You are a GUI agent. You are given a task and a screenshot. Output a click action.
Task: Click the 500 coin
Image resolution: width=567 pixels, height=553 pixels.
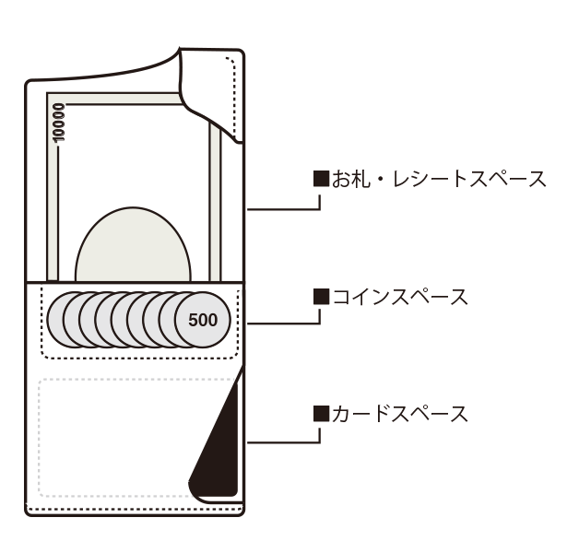[202, 320]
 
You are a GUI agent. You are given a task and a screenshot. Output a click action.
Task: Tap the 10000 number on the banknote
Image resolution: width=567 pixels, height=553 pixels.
[59, 121]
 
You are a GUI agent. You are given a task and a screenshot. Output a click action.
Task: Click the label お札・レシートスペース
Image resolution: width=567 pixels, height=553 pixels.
[439, 178]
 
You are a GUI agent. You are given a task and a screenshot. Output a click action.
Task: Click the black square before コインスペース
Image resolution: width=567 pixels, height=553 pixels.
[321, 297]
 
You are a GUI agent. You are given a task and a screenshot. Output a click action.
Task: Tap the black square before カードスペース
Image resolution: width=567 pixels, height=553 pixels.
[321, 414]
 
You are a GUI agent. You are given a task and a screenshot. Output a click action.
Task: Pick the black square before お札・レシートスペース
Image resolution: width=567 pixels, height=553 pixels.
[321, 178]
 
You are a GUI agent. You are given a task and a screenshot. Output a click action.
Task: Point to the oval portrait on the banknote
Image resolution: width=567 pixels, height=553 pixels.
[134, 244]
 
